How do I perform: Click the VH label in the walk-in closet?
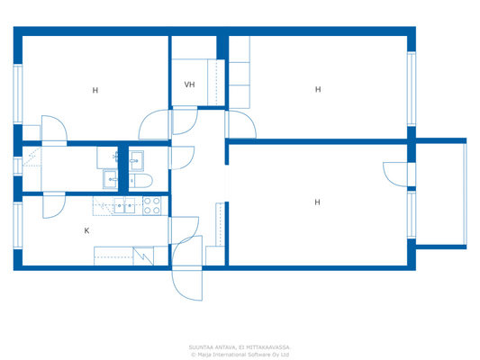[189, 85]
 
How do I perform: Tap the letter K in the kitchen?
[86, 230]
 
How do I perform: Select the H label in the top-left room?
[95, 90]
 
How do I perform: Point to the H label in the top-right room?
[317, 89]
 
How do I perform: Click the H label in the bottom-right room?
[317, 202]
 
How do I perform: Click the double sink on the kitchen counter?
[125, 206]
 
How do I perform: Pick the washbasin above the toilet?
[137, 160]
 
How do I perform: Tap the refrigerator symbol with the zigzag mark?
[143, 256]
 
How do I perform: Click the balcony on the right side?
[440, 193]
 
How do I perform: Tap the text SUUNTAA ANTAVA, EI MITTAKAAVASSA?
[240, 346]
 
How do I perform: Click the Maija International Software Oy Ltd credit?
[240, 354]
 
